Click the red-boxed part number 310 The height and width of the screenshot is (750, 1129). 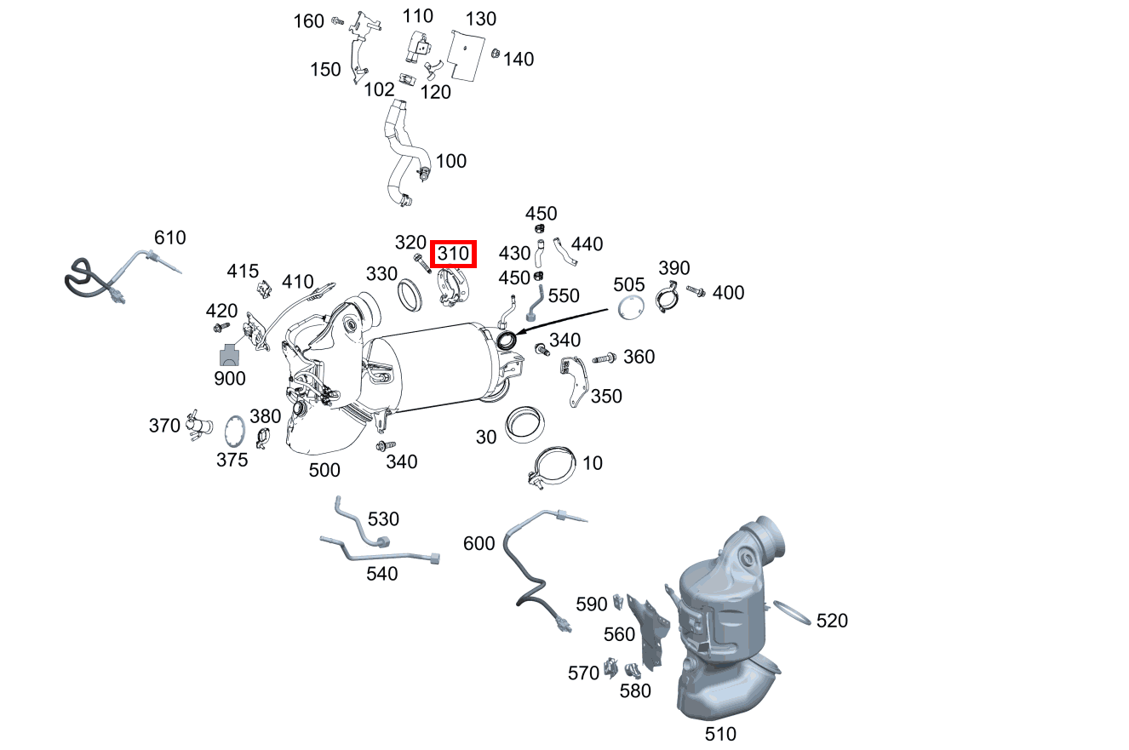pos(453,254)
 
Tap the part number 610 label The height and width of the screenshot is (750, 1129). pos(169,238)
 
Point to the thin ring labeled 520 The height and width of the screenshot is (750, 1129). pos(792,612)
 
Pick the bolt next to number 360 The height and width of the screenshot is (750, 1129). pos(605,358)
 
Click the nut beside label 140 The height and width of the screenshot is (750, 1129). pos(496,53)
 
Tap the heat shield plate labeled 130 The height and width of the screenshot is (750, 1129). pos(467,55)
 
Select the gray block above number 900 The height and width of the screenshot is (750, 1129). pos(229,355)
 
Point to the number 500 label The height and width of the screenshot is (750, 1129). pos(324,470)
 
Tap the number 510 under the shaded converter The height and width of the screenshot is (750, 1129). pos(720,734)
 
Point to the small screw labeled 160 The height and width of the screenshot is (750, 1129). pos(338,21)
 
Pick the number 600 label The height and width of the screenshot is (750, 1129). pos(479,543)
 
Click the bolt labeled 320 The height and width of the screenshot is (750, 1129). pos(421,264)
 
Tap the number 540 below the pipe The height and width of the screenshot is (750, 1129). pos(382,574)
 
